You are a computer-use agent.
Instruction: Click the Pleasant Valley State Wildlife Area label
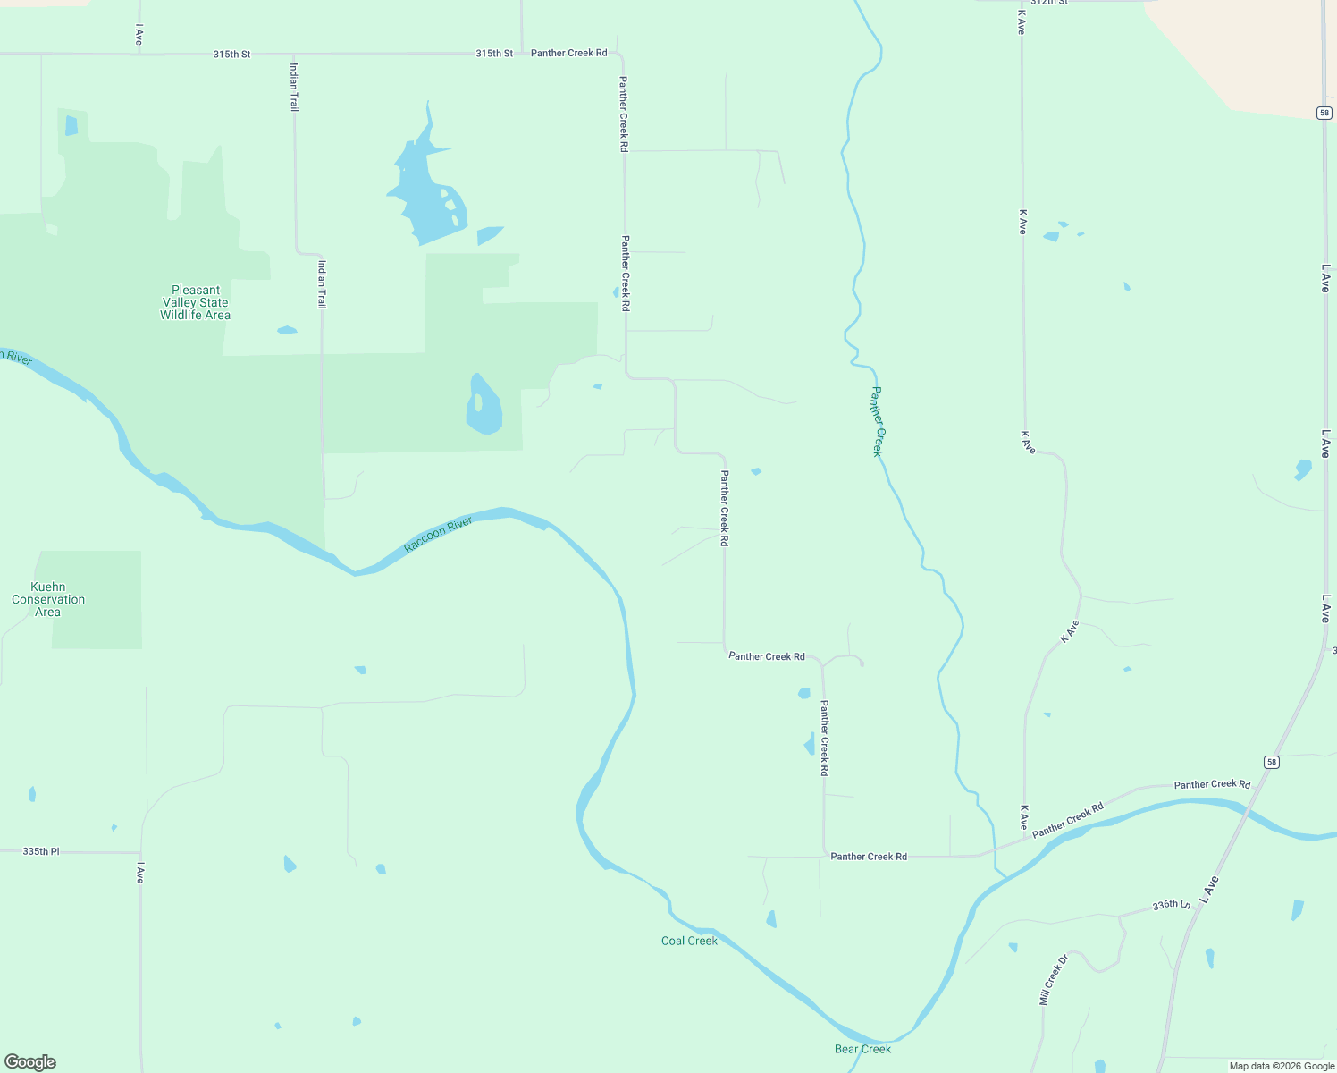pyautogui.click(x=195, y=302)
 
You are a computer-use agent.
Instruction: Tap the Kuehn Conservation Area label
pyautogui.click(x=48, y=599)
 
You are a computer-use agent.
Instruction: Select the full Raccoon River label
pyautogui.click(x=438, y=535)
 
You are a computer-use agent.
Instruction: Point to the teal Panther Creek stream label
pyautogui.click(x=878, y=421)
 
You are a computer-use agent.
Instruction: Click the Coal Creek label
pyautogui.click(x=689, y=941)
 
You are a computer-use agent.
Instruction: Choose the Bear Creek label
pyautogui.click(x=862, y=1049)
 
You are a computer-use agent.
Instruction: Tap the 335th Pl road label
pyautogui.click(x=41, y=851)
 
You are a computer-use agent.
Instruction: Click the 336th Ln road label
pyautogui.click(x=1171, y=905)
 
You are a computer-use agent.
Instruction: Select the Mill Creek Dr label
pyautogui.click(x=1054, y=980)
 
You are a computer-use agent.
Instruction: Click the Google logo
pyautogui.click(x=30, y=1062)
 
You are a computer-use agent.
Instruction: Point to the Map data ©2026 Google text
pyautogui.click(x=1282, y=1066)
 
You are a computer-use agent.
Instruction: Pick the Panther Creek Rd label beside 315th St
pyautogui.click(x=568, y=53)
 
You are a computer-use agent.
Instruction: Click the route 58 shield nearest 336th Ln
pyautogui.click(x=1272, y=762)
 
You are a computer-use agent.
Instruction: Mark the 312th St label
pyautogui.click(x=1049, y=3)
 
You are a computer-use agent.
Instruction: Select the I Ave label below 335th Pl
pyautogui.click(x=140, y=873)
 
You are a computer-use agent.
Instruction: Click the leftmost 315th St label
pyautogui.click(x=231, y=54)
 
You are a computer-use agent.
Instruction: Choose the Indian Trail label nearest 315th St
pyautogui.click(x=294, y=87)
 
